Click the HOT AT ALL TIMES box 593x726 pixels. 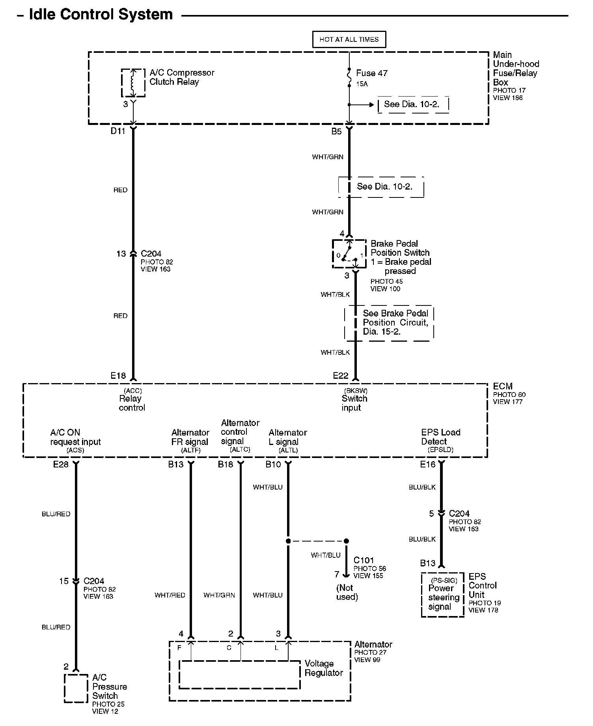point(349,39)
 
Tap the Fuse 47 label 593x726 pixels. point(371,73)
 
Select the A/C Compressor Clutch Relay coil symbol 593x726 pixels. point(133,83)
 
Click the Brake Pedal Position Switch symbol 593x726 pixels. point(349,253)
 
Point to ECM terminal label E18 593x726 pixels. point(118,376)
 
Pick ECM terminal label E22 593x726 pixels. point(340,376)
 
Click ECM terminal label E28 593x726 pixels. point(61,464)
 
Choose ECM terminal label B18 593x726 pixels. point(226,464)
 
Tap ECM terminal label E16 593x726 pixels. point(427,464)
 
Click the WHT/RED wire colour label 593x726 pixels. point(170,595)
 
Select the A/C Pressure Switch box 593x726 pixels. point(76,688)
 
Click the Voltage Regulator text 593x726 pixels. point(323,668)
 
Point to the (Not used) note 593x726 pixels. point(347,592)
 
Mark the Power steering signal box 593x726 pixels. point(442,595)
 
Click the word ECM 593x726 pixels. point(502,386)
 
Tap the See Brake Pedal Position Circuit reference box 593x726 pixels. point(390,323)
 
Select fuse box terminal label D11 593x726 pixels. point(117,131)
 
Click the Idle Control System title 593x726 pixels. point(101,15)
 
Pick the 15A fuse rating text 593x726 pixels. point(362,84)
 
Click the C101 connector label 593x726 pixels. point(364,560)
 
